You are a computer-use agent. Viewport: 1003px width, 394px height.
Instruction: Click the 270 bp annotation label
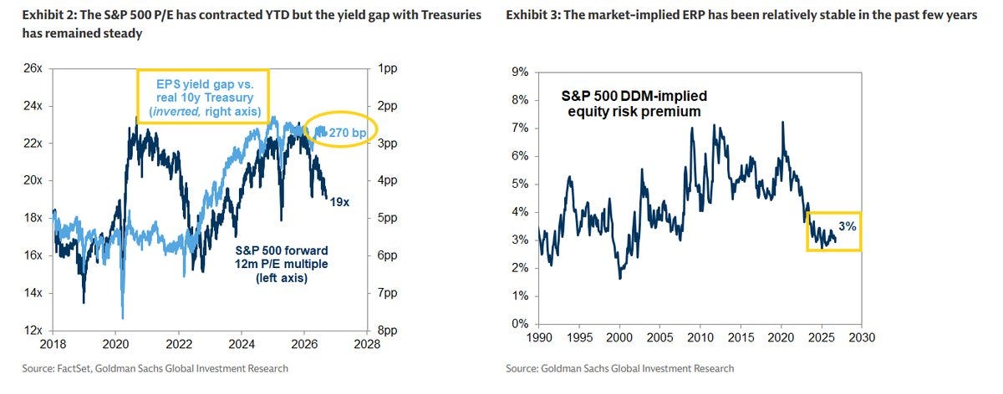point(348,133)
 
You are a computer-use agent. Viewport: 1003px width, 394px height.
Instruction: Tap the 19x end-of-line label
point(339,202)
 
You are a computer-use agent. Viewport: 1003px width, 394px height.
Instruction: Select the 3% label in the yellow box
point(848,226)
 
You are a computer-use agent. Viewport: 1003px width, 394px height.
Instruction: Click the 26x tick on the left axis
point(33,68)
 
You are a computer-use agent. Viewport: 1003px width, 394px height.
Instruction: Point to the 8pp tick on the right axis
point(387,330)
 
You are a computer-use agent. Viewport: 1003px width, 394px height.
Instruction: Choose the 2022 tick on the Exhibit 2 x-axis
point(179,344)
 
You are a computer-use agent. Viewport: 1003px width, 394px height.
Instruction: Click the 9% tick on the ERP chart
point(520,72)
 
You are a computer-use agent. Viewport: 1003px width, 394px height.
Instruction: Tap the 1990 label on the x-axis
point(539,337)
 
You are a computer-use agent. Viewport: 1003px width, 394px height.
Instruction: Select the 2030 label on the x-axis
point(862,337)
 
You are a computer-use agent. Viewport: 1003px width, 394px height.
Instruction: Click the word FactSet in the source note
point(74,368)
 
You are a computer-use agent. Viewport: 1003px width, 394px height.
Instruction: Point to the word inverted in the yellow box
point(176,111)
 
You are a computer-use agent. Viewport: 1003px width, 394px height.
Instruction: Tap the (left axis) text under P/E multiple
point(282,278)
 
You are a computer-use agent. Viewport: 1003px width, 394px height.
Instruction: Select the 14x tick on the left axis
point(33,293)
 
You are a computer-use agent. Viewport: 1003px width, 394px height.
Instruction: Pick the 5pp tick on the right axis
point(387,218)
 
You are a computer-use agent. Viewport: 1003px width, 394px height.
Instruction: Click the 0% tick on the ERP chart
point(520,323)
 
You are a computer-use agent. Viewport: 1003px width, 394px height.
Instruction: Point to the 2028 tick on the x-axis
point(367,344)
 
